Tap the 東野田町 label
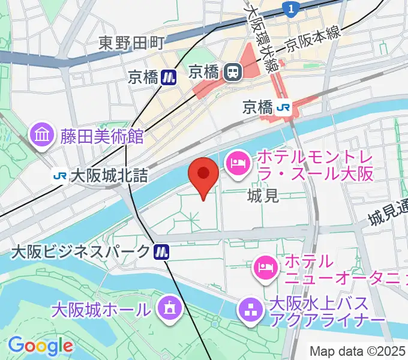(131, 43)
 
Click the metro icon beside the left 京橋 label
(170, 76)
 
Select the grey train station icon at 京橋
(231, 73)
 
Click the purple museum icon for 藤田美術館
(43, 135)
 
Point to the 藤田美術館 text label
(101, 136)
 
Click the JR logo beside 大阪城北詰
(59, 176)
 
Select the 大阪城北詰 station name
(109, 176)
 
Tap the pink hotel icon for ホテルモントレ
(238, 164)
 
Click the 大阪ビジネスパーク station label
(80, 251)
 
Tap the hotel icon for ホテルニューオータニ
(265, 266)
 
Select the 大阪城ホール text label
(101, 310)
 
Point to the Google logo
(40, 346)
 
